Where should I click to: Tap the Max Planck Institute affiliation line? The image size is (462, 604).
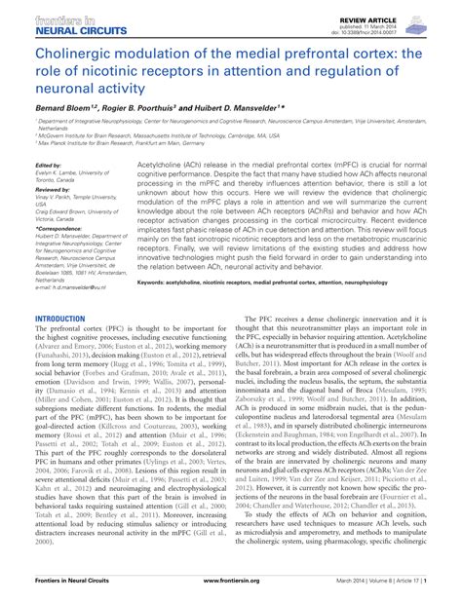pyautogui.click(x=117, y=142)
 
